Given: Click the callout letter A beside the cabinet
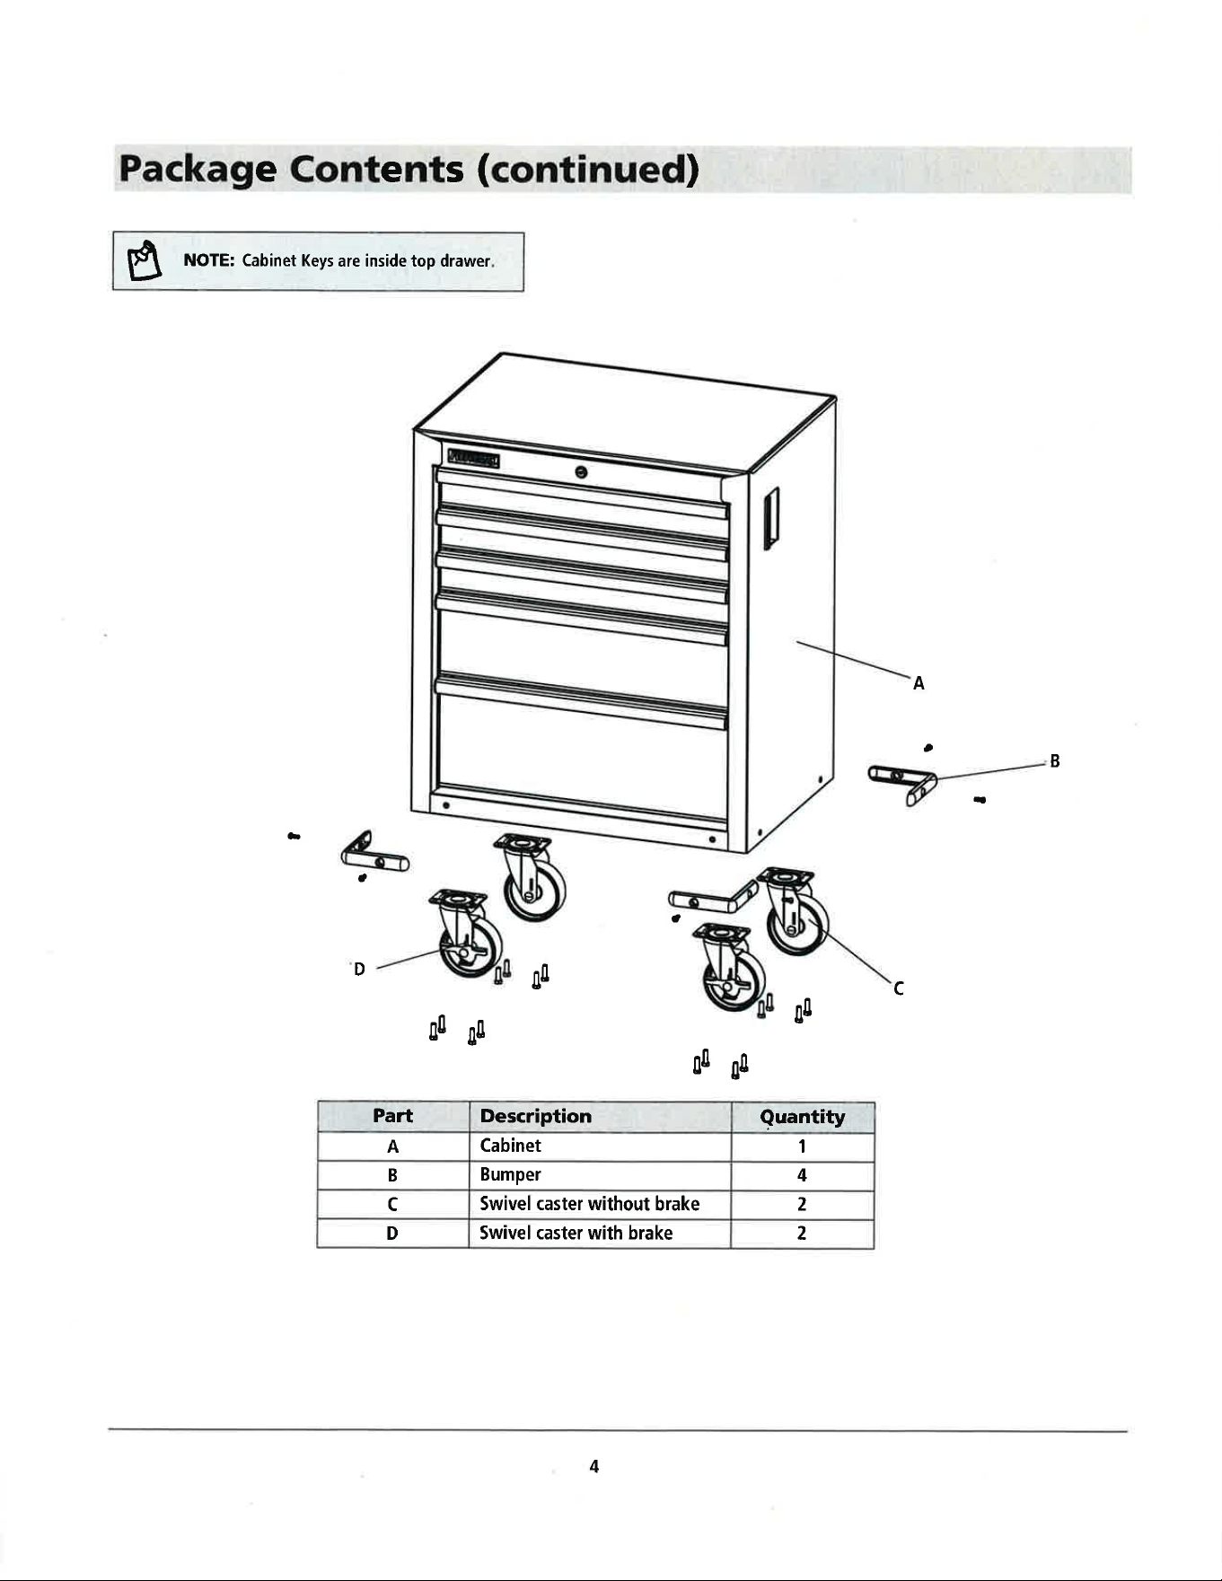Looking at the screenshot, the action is click(x=919, y=683).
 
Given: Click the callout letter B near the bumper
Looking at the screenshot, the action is click(x=1055, y=761).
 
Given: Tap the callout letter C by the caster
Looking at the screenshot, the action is click(x=898, y=988).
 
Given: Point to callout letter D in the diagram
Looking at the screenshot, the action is click(x=359, y=969).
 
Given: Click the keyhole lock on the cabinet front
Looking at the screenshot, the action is click(x=581, y=472).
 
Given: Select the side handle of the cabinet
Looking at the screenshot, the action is click(x=770, y=517).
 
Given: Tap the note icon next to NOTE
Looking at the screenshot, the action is click(x=144, y=261).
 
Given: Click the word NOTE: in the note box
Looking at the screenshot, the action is click(x=209, y=260).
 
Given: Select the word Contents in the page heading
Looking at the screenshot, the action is click(x=376, y=170).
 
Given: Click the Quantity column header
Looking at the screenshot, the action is click(x=802, y=1117).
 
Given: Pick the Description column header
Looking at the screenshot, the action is click(x=536, y=1116).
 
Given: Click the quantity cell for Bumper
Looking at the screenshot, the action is click(x=802, y=1175).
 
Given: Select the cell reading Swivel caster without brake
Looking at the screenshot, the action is click(x=590, y=1204).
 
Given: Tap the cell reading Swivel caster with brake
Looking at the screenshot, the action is click(x=576, y=1233).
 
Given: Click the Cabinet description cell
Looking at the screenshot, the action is click(x=511, y=1146).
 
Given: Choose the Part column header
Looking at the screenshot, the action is click(x=392, y=1116).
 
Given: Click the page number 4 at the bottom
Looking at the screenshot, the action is click(x=593, y=1466).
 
